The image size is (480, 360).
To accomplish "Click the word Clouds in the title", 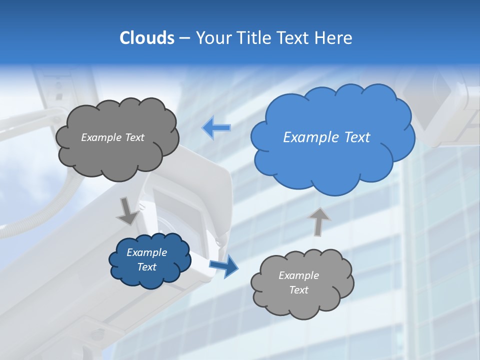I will tap(147, 38).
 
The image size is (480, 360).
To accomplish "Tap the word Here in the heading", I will tap(334, 38).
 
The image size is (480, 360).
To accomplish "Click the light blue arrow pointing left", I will tap(216, 127).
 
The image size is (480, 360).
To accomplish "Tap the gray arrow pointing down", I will tap(127, 211).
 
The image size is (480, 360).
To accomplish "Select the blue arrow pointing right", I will tap(223, 265).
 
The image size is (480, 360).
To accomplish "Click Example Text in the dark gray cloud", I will tap(112, 137).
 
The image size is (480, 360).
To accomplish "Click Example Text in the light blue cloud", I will tap(326, 137).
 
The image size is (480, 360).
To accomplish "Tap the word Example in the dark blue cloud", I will tap(146, 252).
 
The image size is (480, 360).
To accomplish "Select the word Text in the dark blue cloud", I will tap(146, 267).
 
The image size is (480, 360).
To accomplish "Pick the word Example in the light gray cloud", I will tap(298, 275).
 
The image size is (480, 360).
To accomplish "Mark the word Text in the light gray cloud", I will tap(298, 290).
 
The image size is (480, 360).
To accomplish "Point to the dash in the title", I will tap(184, 38).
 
